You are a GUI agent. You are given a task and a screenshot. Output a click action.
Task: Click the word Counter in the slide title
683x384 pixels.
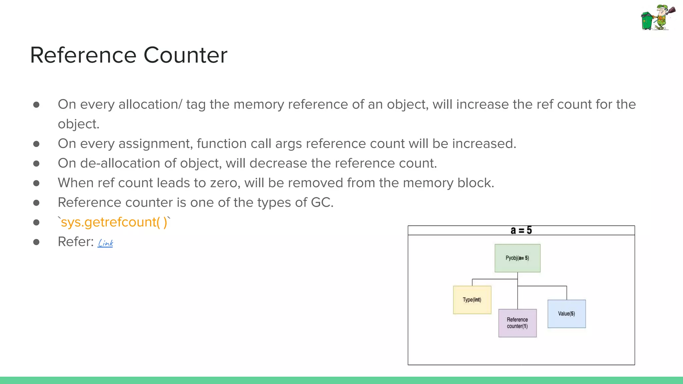185,55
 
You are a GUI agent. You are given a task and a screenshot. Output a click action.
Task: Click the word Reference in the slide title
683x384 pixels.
83,55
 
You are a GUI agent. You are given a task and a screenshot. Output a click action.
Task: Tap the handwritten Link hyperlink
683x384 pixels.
105,243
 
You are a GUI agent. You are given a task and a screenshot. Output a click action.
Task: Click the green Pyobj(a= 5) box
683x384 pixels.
517,258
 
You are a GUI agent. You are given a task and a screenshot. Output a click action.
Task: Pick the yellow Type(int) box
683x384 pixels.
472,300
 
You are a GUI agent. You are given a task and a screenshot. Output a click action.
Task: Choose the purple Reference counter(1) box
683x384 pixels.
517,323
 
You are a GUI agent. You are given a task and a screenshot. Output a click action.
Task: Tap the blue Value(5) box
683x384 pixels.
566,314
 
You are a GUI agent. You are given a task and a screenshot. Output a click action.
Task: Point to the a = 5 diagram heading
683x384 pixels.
521,230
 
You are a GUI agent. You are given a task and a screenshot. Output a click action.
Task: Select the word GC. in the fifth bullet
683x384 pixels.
322,203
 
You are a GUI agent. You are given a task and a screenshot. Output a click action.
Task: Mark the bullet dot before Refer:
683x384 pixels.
36,242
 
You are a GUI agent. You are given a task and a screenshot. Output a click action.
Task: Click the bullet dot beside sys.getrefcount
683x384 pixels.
36,222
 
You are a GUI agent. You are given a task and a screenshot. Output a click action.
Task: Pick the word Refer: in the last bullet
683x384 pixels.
76,242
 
